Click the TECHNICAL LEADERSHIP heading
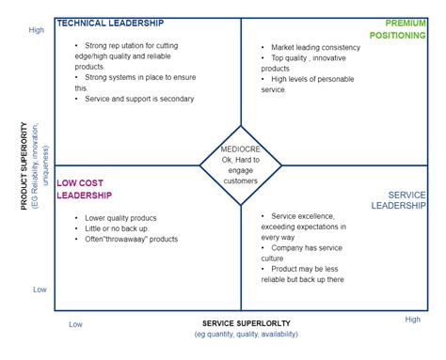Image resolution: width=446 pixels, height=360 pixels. (110, 23)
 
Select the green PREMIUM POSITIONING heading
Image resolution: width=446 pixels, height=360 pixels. (404, 28)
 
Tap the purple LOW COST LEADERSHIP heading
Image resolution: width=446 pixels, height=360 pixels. (85, 189)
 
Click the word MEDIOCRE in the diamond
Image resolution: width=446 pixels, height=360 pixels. (241, 149)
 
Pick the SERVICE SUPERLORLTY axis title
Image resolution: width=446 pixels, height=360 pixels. (247, 323)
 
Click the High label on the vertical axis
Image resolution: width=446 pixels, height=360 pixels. (37, 30)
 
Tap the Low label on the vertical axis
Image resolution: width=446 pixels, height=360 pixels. (40, 290)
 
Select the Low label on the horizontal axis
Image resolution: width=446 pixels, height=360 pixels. (75, 324)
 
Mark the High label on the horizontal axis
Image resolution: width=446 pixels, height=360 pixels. (413, 320)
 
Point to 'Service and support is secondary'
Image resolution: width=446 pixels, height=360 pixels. (138, 99)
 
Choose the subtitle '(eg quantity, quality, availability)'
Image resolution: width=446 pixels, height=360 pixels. (247, 335)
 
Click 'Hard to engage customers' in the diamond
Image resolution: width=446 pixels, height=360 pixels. (241, 165)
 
